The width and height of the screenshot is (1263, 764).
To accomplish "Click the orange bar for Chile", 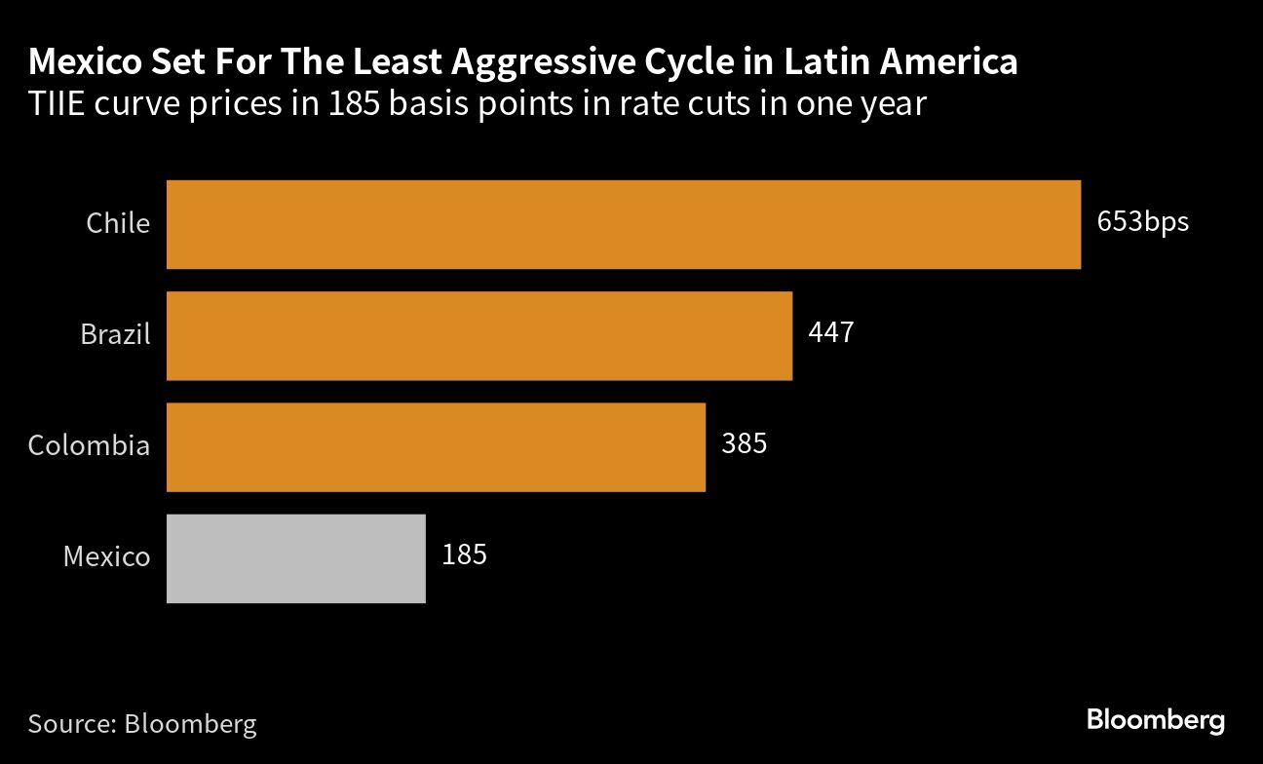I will (624, 224).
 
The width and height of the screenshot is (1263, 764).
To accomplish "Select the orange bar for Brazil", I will (479, 335).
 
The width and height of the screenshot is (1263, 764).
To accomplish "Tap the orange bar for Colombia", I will (436, 446).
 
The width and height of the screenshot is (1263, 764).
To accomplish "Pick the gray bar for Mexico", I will (296, 557).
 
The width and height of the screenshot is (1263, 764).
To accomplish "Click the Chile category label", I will (118, 223).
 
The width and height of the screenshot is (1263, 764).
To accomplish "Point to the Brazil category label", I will (115, 334).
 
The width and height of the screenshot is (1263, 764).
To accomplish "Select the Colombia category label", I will (89, 445).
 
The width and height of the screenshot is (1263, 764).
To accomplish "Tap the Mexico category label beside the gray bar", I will (106, 556).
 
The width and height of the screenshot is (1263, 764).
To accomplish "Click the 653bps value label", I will (1142, 222).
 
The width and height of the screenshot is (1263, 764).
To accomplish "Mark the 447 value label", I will (830, 333).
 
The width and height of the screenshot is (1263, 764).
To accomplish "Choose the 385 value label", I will (744, 444).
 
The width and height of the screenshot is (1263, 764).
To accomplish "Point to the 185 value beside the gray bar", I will (464, 555).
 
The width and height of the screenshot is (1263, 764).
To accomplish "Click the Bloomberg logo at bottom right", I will (1156, 721).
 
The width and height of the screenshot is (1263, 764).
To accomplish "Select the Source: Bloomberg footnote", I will (142, 724).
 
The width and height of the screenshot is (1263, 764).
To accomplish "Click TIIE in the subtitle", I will (57, 102).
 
